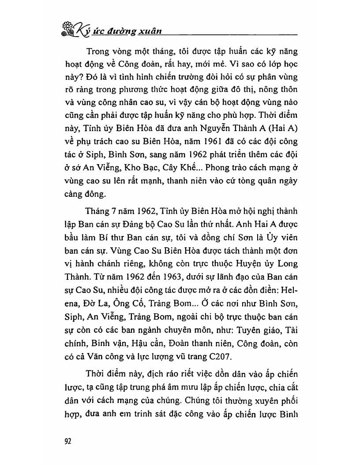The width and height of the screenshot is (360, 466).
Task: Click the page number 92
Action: click(x=68, y=442)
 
